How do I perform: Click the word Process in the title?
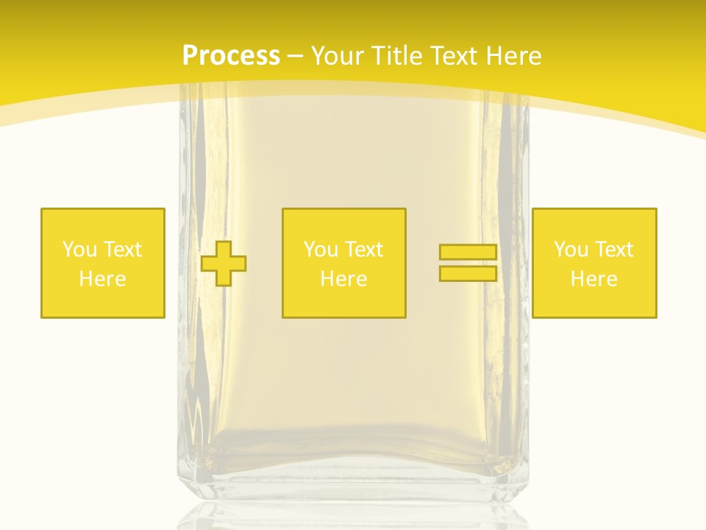(231, 56)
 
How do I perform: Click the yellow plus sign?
(224, 263)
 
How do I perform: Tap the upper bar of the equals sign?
(468, 252)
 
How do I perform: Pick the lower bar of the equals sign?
(468, 274)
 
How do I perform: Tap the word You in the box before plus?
(79, 250)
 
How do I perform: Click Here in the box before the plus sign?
(102, 279)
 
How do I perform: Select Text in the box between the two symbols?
(364, 250)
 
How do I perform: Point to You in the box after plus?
(320, 250)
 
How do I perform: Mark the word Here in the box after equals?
(593, 279)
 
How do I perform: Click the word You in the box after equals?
(570, 250)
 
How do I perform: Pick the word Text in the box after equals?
(614, 250)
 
